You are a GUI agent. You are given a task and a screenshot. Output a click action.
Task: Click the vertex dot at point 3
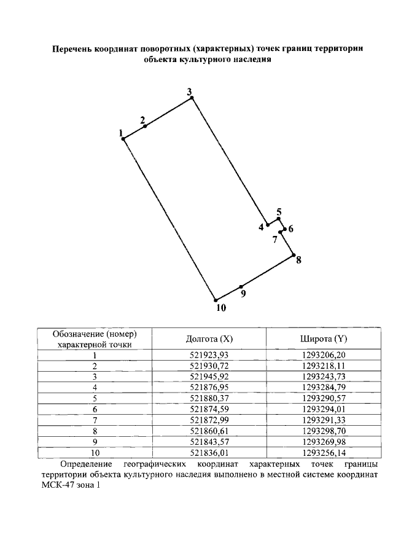[x=192, y=98]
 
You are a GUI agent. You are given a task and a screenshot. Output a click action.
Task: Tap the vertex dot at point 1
[x=123, y=139]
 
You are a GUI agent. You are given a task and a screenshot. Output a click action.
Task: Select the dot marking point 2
[x=145, y=126]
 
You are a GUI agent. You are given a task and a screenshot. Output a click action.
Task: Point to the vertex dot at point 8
[x=294, y=255]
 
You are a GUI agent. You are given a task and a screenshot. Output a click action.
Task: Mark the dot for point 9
[x=241, y=287]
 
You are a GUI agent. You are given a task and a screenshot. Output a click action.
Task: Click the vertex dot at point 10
[x=216, y=300]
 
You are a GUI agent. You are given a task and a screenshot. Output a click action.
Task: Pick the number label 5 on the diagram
[x=279, y=213]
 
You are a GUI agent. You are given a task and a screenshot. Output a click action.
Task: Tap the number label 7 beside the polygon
[x=275, y=240]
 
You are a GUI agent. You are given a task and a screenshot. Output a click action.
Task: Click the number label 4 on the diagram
[x=261, y=227]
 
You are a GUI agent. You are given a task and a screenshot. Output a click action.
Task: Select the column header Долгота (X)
[x=209, y=339]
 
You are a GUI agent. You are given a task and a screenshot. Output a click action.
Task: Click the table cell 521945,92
[x=209, y=376]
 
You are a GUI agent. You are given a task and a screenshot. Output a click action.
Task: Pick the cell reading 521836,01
[x=209, y=453]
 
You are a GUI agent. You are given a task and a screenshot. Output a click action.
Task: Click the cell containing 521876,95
[x=209, y=387]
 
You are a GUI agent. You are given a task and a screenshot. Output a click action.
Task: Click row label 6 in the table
[x=95, y=409]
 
